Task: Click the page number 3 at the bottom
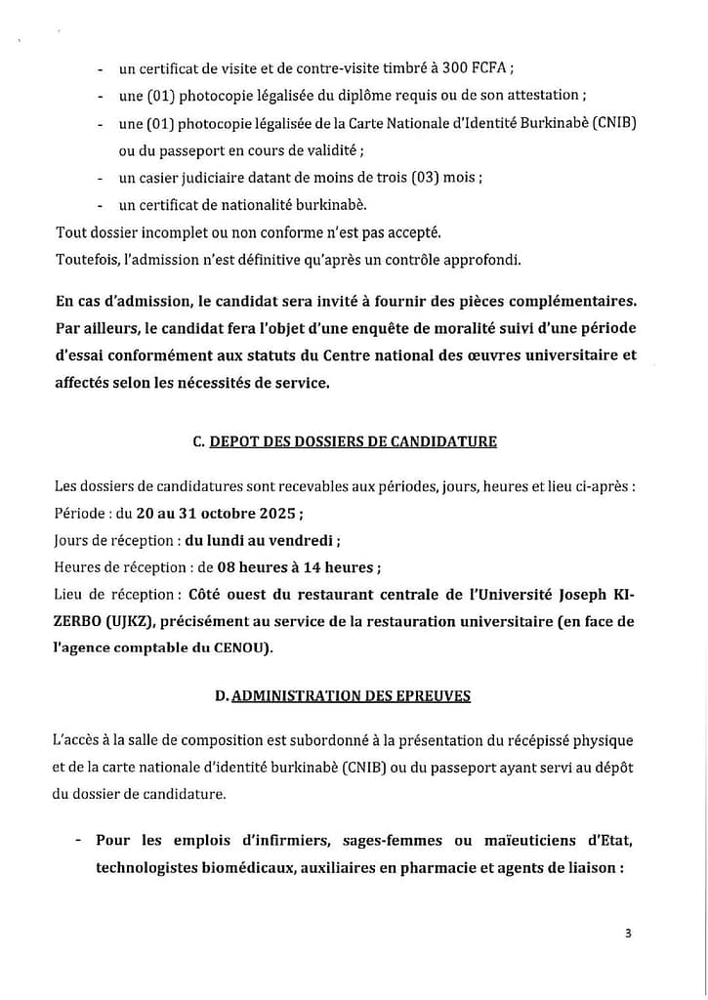pos(628,933)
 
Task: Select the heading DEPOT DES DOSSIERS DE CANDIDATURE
pos(354,441)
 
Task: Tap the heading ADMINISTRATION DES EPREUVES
pos(352,695)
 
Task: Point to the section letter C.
pos(198,441)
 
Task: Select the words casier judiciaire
pos(186,178)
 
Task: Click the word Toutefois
pos(85,259)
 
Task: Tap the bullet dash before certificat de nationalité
pos(102,205)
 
